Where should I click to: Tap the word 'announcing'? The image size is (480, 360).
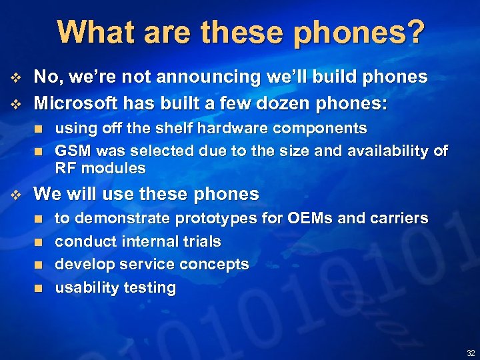[191, 77]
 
